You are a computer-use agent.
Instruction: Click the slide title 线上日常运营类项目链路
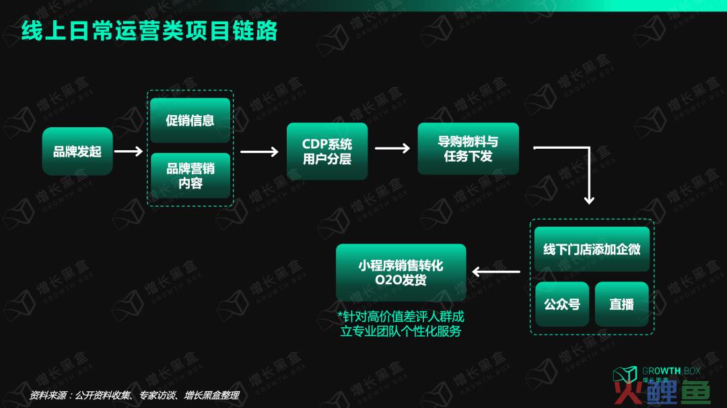click(x=149, y=30)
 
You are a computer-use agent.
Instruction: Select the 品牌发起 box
click(x=77, y=151)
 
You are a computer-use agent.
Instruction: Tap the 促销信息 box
click(x=190, y=120)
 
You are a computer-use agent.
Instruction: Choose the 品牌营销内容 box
click(x=190, y=176)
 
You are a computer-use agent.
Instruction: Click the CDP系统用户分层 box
click(x=327, y=151)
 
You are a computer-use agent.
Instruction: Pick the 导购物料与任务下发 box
click(x=468, y=149)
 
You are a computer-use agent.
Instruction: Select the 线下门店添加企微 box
click(x=592, y=249)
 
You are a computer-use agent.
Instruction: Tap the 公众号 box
click(x=562, y=304)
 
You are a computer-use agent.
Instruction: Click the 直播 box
click(x=621, y=304)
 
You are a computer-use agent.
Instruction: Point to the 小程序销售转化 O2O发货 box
click(x=401, y=273)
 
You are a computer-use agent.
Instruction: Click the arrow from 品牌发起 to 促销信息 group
click(x=129, y=151)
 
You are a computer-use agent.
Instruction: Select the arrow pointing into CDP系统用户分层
click(x=259, y=151)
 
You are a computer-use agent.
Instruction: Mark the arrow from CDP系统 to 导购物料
click(x=392, y=148)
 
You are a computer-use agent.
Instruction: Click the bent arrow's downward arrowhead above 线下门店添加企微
click(x=589, y=200)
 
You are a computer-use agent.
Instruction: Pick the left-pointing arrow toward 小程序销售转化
click(x=495, y=272)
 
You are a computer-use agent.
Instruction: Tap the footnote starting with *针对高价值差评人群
click(x=401, y=324)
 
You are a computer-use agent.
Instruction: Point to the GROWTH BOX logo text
click(x=671, y=371)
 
